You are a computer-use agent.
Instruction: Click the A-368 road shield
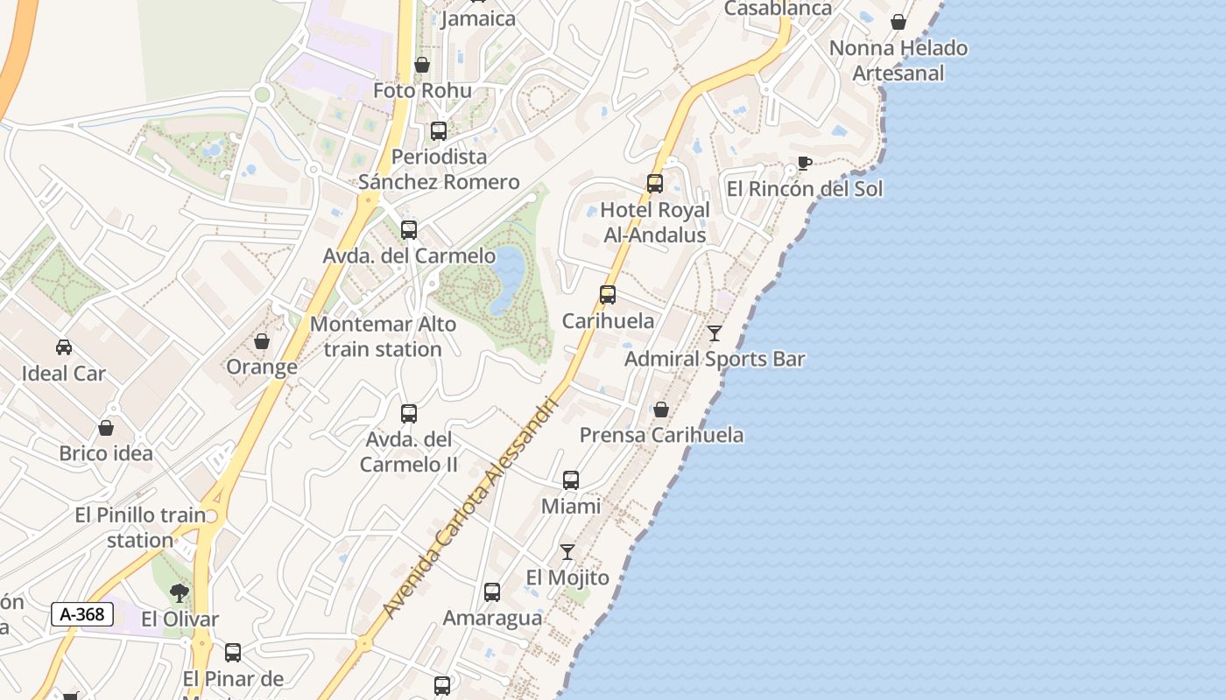pos(82,614)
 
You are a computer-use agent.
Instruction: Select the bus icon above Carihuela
pos(608,295)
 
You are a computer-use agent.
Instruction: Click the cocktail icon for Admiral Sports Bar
pos(715,333)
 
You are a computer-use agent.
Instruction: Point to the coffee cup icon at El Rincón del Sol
pos(804,163)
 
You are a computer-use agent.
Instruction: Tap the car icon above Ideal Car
pos(64,347)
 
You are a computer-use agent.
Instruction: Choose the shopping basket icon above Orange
pos(262,341)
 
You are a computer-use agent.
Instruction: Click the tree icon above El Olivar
pos(180,593)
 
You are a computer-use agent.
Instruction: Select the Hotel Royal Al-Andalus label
pos(654,222)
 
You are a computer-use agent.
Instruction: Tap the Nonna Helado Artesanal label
pos(898,60)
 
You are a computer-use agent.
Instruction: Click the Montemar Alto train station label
pos(383,337)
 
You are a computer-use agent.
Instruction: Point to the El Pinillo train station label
pos(140,528)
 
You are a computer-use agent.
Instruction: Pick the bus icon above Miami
pos(571,480)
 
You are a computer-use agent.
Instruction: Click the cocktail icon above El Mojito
pos(567,552)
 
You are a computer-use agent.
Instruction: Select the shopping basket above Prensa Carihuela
pos(661,409)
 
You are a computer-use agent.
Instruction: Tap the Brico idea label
pos(106,453)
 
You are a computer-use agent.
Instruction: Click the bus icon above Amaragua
pos(492,592)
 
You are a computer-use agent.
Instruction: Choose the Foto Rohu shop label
pos(422,90)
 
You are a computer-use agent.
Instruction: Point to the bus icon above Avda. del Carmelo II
pos(409,414)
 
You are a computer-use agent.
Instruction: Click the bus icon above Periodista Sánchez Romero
pos(439,131)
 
